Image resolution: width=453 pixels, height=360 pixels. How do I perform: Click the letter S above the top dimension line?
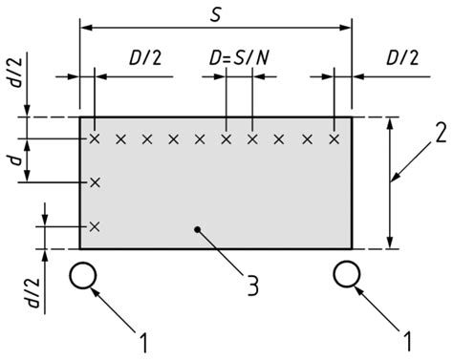(x=217, y=12)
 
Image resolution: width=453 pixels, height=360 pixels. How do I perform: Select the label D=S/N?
(x=238, y=62)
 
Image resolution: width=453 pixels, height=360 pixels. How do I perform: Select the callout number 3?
(x=252, y=284)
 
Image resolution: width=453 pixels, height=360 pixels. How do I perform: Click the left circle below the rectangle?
(x=84, y=275)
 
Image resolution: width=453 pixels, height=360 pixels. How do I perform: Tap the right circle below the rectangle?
(x=347, y=275)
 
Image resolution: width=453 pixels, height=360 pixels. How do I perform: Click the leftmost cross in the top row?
(x=95, y=139)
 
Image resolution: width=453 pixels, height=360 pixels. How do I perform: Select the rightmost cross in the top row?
(x=334, y=139)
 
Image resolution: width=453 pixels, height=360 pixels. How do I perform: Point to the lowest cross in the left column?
(x=95, y=226)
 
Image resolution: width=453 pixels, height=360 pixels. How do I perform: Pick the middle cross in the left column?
(x=95, y=181)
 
